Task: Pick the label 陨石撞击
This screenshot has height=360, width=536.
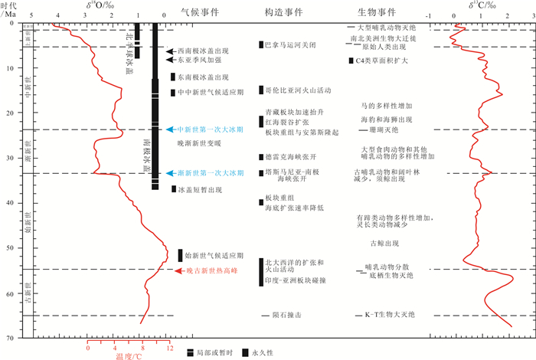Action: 287,315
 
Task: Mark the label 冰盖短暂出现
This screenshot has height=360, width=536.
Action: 202,189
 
